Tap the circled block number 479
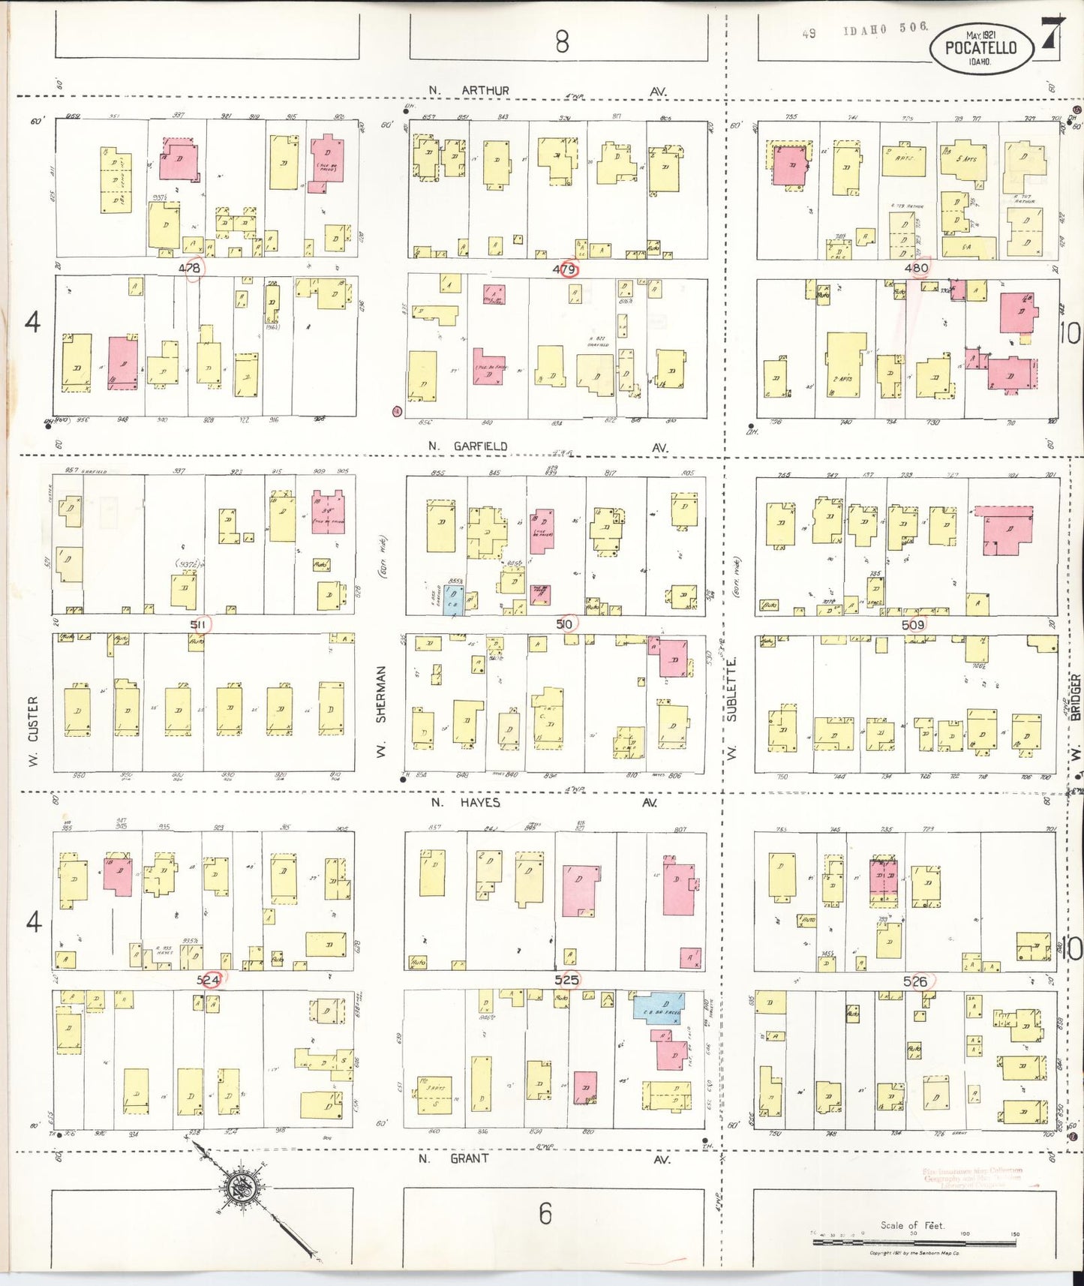(564, 269)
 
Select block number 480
(916, 268)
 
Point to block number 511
(198, 624)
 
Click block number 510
(565, 624)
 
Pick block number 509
(913, 624)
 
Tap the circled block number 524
(209, 980)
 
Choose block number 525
(566, 979)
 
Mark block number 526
(915, 981)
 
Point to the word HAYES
(480, 803)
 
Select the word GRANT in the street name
(470, 1158)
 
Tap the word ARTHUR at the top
(485, 91)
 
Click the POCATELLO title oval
(980, 47)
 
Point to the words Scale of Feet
(912, 1225)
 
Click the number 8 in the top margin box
(562, 42)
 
